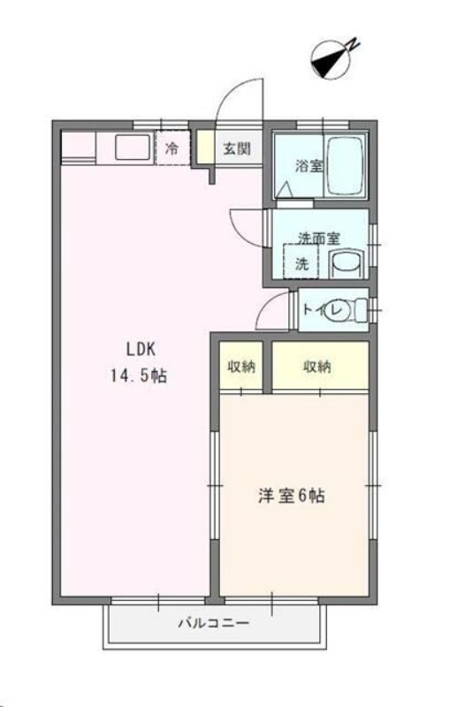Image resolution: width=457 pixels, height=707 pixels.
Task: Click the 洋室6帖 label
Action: pos(291,496)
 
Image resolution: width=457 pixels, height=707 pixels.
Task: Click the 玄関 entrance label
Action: pos(236,148)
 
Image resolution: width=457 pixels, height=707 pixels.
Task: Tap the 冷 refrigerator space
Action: pos(171,148)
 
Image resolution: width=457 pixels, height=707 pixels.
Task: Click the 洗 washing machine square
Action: pos(301,262)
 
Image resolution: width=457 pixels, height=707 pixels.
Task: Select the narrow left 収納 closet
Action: pos(240,367)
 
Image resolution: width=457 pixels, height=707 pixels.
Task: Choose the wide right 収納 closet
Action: pos(319,367)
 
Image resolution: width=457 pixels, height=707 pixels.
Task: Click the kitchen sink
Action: pos(131,148)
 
